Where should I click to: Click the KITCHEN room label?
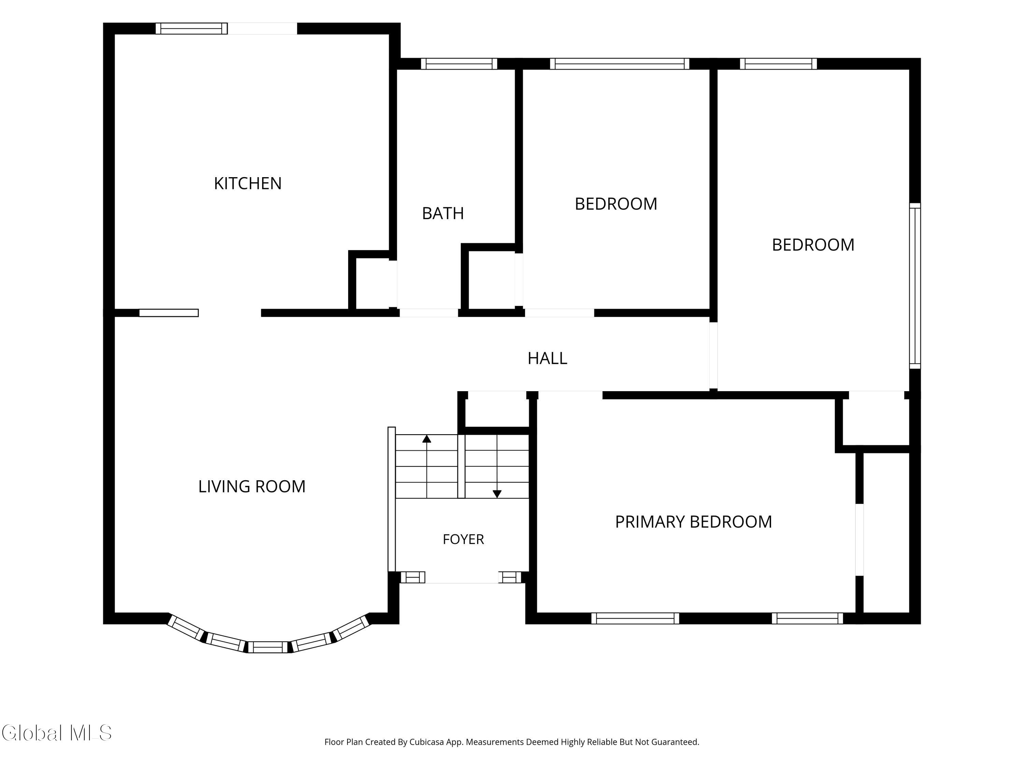(x=248, y=183)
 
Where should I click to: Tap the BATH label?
(x=443, y=213)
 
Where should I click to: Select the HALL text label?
(x=547, y=358)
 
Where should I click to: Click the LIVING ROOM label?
(x=252, y=486)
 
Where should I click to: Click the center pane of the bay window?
(x=268, y=647)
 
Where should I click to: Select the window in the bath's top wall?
(x=459, y=64)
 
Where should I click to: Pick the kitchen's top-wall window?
(x=191, y=28)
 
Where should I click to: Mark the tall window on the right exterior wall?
(x=915, y=286)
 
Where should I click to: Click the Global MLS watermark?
(x=56, y=733)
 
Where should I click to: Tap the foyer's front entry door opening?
(x=461, y=578)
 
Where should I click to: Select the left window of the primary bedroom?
(x=635, y=618)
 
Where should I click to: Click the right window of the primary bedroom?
(x=807, y=618)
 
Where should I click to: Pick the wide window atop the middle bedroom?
(x=620, y=64)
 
